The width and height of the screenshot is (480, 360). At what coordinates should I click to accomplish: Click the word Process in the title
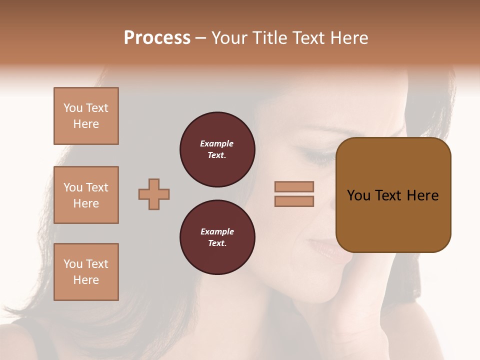click(157, 38)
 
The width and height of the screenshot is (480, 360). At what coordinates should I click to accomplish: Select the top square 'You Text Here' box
click(86, 116)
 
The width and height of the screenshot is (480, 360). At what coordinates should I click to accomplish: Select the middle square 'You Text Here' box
click(86, 195)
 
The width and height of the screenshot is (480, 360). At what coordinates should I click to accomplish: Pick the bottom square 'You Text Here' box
click(86, 272)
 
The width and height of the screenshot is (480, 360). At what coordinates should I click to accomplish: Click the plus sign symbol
click(154, 194)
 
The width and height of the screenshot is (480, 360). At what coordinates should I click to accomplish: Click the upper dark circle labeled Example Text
click(217, 149)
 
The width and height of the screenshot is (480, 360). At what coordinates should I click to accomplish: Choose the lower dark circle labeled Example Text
click(217, 237)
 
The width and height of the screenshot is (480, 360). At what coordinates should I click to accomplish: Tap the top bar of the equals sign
click(294, 186)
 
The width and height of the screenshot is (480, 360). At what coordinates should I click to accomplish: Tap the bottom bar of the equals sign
click(294, 201)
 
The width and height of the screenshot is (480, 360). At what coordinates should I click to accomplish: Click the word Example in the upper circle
click(217, 143)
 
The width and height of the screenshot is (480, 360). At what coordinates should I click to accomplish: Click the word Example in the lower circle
click(217, 231)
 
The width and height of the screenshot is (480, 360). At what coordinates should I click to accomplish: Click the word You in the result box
click(359, 195)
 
